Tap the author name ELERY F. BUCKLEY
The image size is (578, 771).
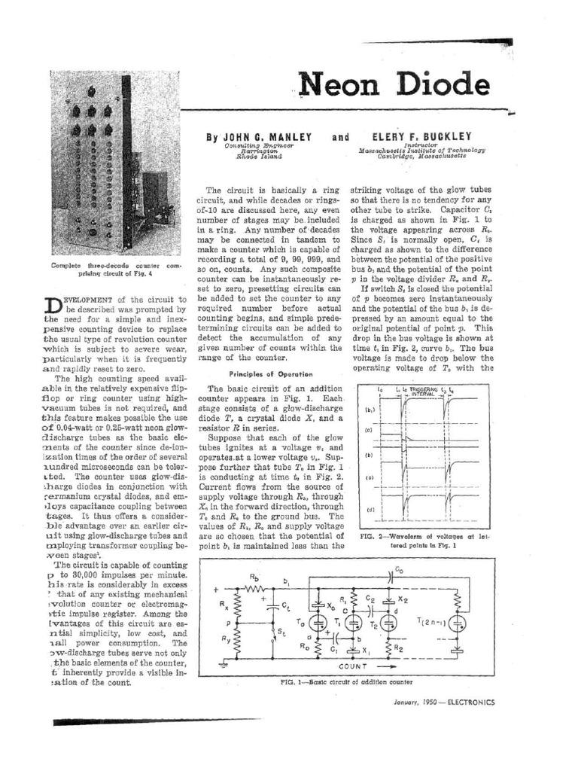click(422, 137)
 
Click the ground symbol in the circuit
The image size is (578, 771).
click(223, 665)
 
